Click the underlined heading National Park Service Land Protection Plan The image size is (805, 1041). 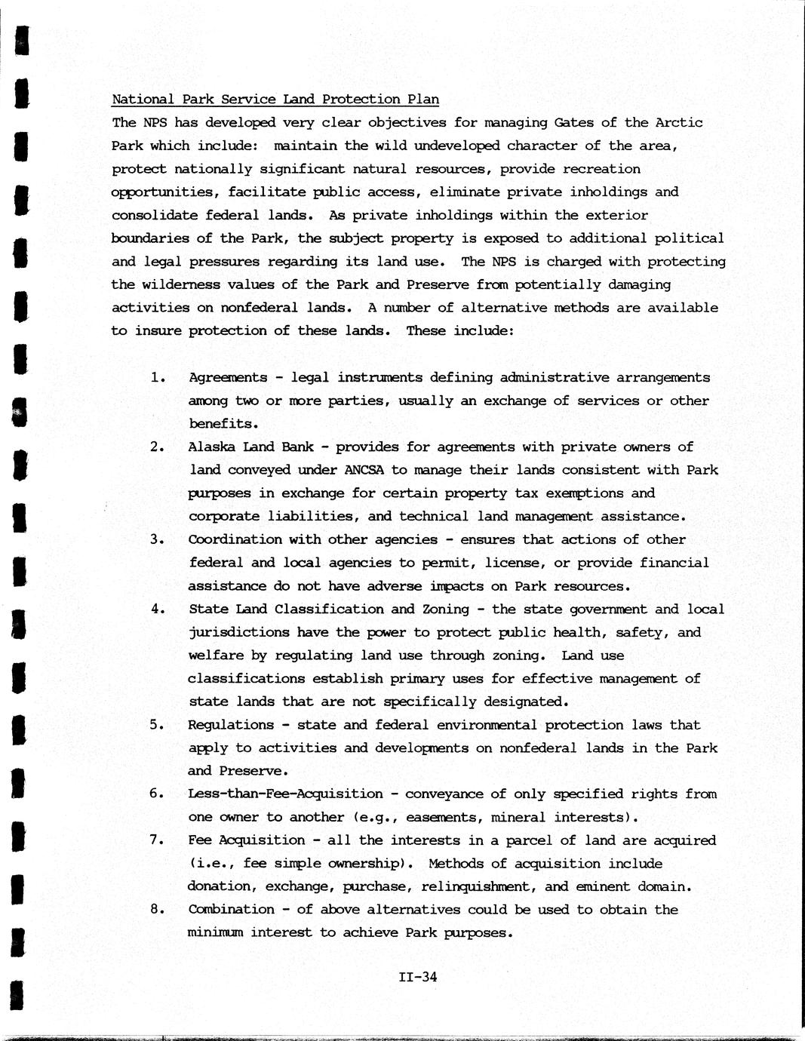click(x=275, y=100)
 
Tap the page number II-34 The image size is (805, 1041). click(x=418, y=978)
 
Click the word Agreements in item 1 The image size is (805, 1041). click(x=227, y=377)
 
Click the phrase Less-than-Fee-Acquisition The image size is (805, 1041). click(x=285, y=794)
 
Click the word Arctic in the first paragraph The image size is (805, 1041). click(x=678, y=122)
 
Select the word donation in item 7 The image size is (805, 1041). click(x=220, y=886)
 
